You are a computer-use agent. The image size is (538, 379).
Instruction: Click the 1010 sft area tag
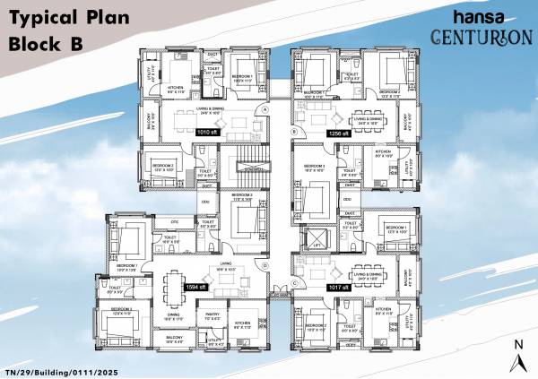[x=208, y=131]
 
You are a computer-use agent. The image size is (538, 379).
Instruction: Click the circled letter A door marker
[x=265, y=110]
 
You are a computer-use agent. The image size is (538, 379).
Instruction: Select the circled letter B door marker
[x=293, y=131]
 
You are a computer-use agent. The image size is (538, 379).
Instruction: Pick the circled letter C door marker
[x=293, y=282]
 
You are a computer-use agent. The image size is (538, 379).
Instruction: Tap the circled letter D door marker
[x=265, y=265]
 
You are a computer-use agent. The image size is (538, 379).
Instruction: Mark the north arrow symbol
[x=518, y=355]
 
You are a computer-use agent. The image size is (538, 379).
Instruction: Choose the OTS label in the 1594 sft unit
[x=175, y=220]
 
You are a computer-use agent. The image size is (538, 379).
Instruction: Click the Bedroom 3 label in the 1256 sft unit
[x=313, y=167]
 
